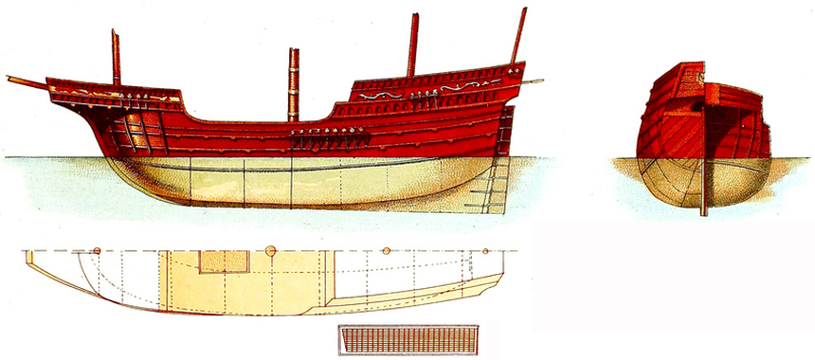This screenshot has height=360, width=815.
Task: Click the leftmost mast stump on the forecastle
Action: point(116,57)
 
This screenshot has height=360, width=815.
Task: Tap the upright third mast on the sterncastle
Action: point(413,45)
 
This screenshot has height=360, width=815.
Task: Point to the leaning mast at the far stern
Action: point(518,36)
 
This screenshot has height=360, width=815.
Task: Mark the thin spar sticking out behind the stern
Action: point(534,82)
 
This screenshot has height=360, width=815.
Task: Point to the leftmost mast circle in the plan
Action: point(97,250)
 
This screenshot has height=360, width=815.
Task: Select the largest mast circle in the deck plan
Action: point(270,251)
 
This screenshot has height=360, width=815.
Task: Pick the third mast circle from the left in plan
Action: point(385,251)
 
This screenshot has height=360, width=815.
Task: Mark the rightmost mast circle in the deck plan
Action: point(485,251)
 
